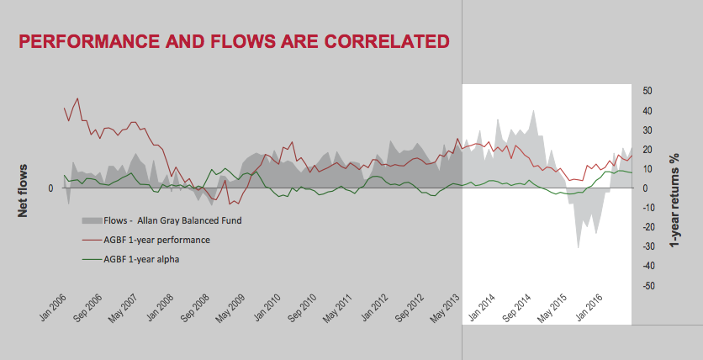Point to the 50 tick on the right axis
[647, 91]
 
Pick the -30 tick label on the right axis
[647, 246]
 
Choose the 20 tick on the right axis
[647, 150]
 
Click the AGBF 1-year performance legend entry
[156, 240]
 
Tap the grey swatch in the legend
[91, 220]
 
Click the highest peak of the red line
[77, 98]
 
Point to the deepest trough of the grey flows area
[578, 247]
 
